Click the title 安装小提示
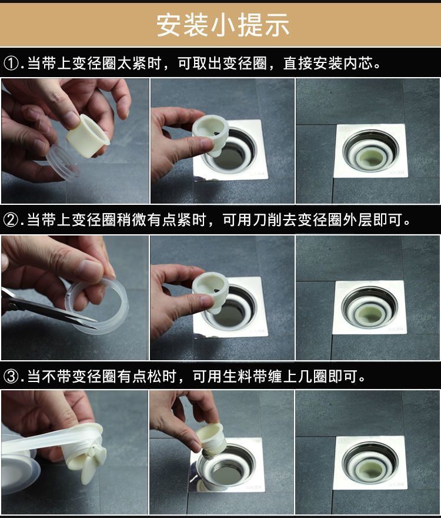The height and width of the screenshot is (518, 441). (222, 25)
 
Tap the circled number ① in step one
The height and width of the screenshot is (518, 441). (11, 63)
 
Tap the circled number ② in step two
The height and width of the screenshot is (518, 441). (11, 220)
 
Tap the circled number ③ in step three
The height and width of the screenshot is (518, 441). (11, 376)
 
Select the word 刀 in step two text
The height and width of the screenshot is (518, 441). (260, 220)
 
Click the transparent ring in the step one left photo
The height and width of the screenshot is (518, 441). (63, 164)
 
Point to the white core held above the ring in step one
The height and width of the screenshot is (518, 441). (88, 135)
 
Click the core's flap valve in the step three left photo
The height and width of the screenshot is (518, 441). (89, 464)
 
